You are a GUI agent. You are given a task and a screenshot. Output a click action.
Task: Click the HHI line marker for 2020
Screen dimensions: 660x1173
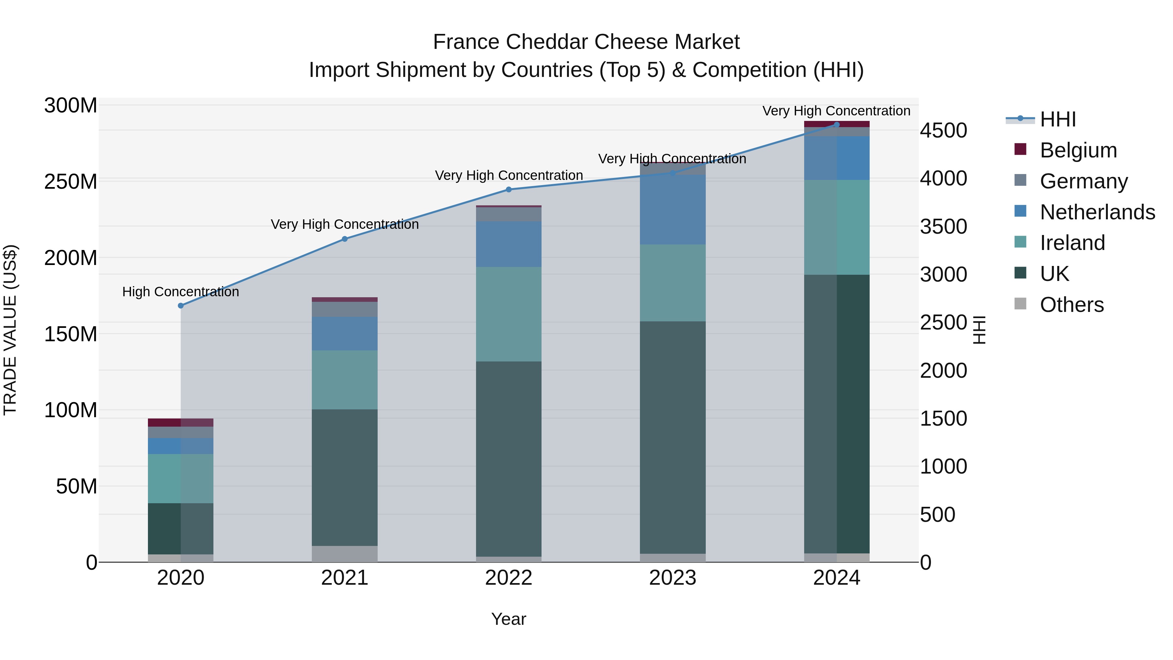point(181,306)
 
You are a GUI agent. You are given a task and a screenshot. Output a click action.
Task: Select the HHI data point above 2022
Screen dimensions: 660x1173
point(509,189)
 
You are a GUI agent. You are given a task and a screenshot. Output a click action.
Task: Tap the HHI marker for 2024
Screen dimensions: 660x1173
point(836,125)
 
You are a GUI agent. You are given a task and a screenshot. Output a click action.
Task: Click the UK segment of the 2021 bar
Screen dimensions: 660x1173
point(345,477)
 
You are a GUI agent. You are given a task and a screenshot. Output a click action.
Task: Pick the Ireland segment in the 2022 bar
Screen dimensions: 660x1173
point(509,314)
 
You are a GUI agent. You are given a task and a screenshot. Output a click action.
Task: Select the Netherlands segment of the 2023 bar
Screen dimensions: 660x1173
point(673,210)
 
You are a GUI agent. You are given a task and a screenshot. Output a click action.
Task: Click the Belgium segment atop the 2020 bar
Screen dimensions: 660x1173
point(181,422)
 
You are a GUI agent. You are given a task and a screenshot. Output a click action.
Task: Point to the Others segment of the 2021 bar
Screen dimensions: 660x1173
point(345,553)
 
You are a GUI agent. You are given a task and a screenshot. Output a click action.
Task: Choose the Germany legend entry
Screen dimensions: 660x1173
point(1084,181)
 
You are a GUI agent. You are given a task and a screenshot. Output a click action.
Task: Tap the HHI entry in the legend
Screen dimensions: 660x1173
point(1058,119)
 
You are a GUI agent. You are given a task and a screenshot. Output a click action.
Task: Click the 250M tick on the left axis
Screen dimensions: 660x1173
point(71,182)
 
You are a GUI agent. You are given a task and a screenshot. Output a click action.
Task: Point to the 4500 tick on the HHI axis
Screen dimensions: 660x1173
point(944,131)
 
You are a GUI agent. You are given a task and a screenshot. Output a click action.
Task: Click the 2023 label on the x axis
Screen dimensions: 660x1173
point(673,578)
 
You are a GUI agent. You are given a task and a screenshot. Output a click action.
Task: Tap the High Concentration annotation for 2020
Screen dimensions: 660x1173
point(181,291)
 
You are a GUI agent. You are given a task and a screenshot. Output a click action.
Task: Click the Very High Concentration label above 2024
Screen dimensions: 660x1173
point(836,111)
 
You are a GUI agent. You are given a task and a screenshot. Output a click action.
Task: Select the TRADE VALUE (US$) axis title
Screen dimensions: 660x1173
point(10,330)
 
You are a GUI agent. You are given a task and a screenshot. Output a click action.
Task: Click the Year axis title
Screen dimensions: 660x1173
point(509,619)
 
